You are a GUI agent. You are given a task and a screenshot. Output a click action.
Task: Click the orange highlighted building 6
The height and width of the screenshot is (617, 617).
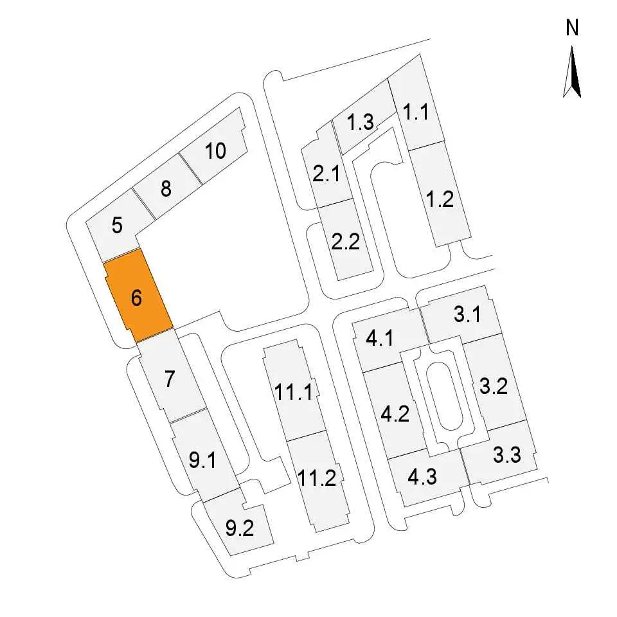point(138,296)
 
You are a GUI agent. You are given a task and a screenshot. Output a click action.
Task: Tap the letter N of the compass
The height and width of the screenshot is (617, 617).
point(572,28)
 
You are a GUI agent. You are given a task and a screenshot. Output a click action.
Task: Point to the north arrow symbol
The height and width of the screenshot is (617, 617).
point(572,71)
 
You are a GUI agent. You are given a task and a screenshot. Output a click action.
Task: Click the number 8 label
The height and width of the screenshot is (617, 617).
point(166,188)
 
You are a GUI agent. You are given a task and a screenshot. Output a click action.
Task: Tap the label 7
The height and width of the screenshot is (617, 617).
point(170,379)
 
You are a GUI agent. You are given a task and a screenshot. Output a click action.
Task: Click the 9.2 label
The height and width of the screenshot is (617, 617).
point(240,528)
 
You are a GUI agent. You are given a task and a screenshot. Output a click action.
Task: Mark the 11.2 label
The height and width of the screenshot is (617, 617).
point(317,478)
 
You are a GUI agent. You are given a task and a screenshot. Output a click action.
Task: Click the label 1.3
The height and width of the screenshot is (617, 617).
point(360,121)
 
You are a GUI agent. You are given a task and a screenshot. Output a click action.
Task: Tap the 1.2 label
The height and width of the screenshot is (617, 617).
point(440,199)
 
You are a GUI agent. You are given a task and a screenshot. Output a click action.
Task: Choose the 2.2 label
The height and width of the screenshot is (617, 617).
point(346,242)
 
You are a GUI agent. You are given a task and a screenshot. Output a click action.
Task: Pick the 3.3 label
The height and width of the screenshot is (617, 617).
point(507,454)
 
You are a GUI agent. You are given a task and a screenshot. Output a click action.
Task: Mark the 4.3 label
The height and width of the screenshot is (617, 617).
point(422,477)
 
